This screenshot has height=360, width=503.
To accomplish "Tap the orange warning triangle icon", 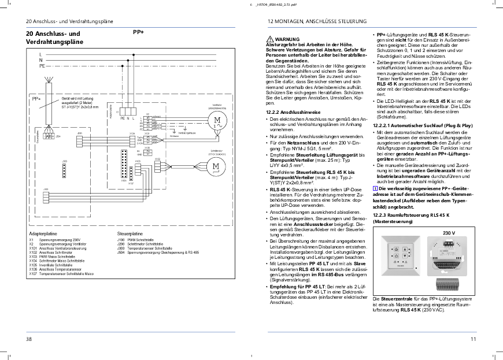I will [267, 39].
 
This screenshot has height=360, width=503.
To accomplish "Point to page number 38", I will [29, 339].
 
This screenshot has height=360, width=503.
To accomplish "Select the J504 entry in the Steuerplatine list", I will [121, 253].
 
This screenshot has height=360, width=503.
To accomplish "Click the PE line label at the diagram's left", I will [42, 66].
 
